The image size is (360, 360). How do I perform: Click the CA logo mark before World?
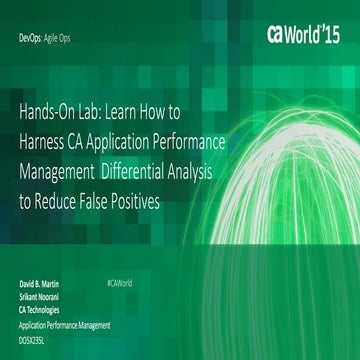click(x=280, y=33)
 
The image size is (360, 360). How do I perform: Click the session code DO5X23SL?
click(x=37, y=339)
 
